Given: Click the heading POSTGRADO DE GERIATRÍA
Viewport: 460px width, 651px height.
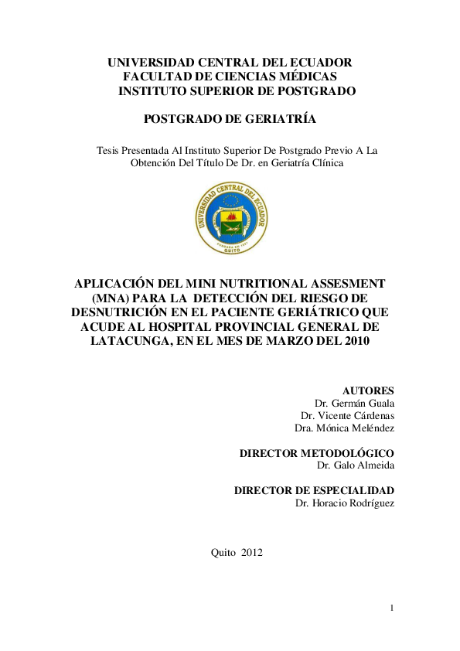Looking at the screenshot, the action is (x=230, y=119).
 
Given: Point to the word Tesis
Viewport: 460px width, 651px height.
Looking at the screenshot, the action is (x=108, y=150).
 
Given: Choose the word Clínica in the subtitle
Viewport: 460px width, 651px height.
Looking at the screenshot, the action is (x=325, y=163).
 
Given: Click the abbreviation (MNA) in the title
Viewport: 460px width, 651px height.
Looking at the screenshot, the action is (x=111, y=298).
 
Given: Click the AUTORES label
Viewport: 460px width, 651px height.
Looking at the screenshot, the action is (x=368, y=390).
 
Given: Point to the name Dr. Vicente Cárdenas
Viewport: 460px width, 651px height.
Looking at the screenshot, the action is (x=348, y=416).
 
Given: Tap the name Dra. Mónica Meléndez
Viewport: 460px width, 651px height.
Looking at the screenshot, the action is (x=344, y=428).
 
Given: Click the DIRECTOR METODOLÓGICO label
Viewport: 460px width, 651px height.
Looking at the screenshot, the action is (x=317, y=452).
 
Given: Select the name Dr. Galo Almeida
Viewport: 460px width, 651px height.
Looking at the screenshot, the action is (x=356, y=465).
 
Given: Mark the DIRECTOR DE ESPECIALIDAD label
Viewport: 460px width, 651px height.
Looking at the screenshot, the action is (x=314, y=490).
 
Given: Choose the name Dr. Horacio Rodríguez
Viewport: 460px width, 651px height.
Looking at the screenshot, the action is (x=345, y=503).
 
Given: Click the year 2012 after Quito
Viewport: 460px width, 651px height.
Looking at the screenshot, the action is (x=252, y=552).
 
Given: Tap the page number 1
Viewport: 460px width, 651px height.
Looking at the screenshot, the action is (x=392, y=608).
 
